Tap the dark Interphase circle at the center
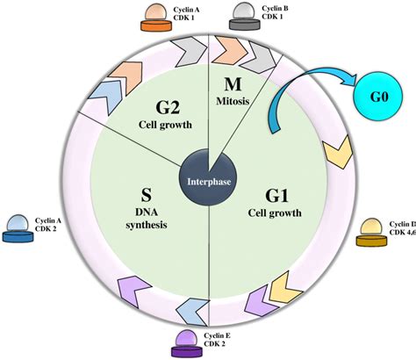click(x=207, y=183)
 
